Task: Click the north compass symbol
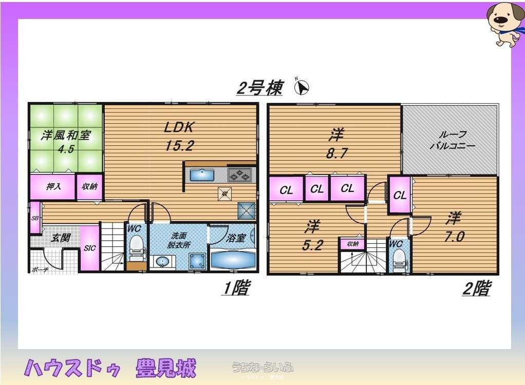302,88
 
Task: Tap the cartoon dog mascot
504,23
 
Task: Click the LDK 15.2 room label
179,137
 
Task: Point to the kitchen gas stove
239,175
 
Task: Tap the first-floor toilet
136,246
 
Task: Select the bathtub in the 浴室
232,258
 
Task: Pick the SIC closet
89,248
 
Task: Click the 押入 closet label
53,186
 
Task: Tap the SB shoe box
35,218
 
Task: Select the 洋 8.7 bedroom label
336,143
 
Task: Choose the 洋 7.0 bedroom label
454,227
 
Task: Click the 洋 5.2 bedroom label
311,236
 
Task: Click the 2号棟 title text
259,88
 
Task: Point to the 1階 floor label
236,288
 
